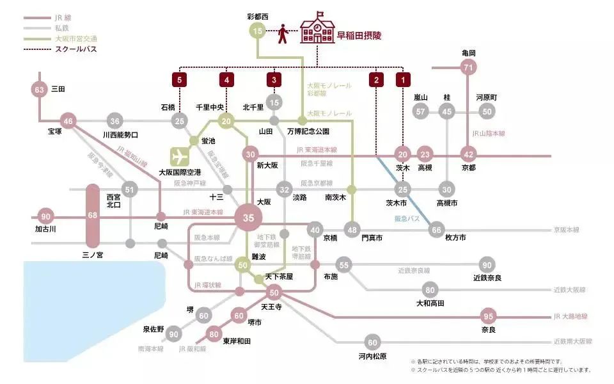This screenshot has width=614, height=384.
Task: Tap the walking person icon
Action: (283, 34)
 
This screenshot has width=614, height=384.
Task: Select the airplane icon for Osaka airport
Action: (180, 156)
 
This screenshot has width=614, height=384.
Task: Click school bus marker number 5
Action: (180, 80)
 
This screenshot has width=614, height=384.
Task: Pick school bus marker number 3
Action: (274, 80)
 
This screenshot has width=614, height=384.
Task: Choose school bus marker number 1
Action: (402, 80)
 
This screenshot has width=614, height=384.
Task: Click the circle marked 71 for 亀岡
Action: (469, 67)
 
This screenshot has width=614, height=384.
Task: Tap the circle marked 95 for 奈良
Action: (489, 316)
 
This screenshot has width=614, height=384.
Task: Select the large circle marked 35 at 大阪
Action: (249, 218)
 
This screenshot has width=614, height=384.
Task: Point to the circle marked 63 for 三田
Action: (40, 90)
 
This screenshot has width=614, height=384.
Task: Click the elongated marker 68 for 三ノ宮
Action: (93, 215)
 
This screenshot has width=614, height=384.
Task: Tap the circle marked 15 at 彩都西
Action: (257, 31)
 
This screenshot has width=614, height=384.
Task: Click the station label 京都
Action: (469, 168)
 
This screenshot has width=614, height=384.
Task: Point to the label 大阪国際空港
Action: (180, 173)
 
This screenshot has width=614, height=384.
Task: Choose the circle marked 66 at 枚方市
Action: (436, 230)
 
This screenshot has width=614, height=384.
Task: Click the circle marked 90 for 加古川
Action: (45, 216)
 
